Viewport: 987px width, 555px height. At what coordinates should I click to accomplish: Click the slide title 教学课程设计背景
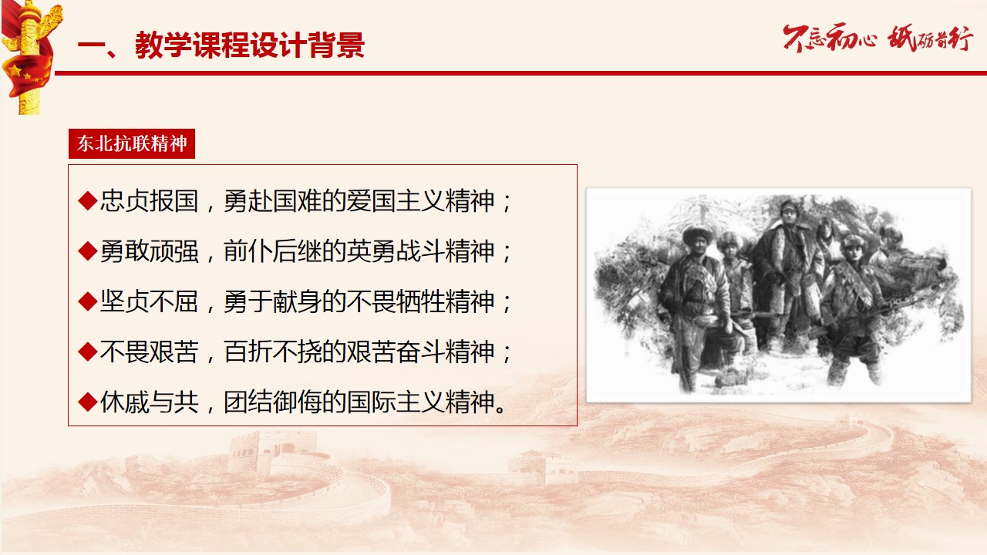click(x=250, y=45)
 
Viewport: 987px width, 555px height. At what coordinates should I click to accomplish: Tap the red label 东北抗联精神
click(x=132, y=143)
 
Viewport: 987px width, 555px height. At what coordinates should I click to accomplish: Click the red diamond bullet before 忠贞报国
click(x=88, y=201)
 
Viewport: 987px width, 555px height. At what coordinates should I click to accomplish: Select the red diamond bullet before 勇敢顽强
click(x=88, y=251)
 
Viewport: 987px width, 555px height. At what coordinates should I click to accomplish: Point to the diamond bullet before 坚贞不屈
click(x=88, y=301)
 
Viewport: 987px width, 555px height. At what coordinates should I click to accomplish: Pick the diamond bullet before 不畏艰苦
click(x=88, y=351)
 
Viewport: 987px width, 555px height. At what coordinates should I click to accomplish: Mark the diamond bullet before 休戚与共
click(x=88, y=402)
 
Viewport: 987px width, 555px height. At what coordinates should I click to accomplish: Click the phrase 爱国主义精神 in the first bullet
click(x=421, y=201)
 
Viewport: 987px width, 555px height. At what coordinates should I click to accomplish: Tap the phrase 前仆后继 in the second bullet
click(x=273, y=251)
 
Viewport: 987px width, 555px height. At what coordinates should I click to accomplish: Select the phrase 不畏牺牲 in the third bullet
click(x=396, y=301)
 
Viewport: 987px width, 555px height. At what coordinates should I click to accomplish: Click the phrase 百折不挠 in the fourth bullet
click(x=273, y=351)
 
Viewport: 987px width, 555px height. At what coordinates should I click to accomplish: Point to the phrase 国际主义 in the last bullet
click(x=396, y=402)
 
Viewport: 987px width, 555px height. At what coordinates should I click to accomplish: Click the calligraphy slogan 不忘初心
click(x=830, y=39)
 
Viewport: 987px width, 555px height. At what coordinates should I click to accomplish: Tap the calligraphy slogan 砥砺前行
click(x=930, y=39)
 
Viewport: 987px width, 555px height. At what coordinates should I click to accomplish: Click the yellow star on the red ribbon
click(x=14, y=70)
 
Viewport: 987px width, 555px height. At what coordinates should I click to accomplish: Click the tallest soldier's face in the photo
click(x=789, y=214)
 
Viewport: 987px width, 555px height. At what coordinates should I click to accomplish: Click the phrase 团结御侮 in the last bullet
click(x=273, y=402)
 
